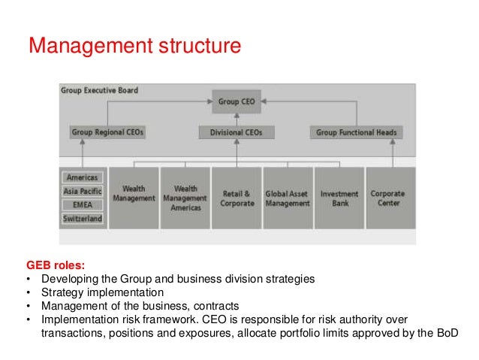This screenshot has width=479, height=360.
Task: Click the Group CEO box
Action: (x=236, y=101)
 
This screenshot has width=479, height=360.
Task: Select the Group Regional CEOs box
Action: (x=107, y=132)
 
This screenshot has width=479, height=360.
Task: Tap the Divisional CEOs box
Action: (x=236, y=132)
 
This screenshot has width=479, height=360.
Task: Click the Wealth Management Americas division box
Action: (x=185, y=198)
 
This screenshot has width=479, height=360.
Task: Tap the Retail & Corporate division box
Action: (x=236, y=198)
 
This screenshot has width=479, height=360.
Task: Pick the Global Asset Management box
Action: (x=288, y=198)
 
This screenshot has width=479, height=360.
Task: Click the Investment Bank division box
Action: (x=339, y=198)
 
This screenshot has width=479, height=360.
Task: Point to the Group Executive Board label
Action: (x=99, y=90)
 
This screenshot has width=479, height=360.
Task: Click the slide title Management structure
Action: (x=134, y=47)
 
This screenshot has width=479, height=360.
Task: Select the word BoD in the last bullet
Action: (x=444, y=332)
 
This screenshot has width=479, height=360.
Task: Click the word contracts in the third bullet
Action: (x=218, y=305)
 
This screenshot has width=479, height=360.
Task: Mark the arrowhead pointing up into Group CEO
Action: (x=236, y=116)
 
